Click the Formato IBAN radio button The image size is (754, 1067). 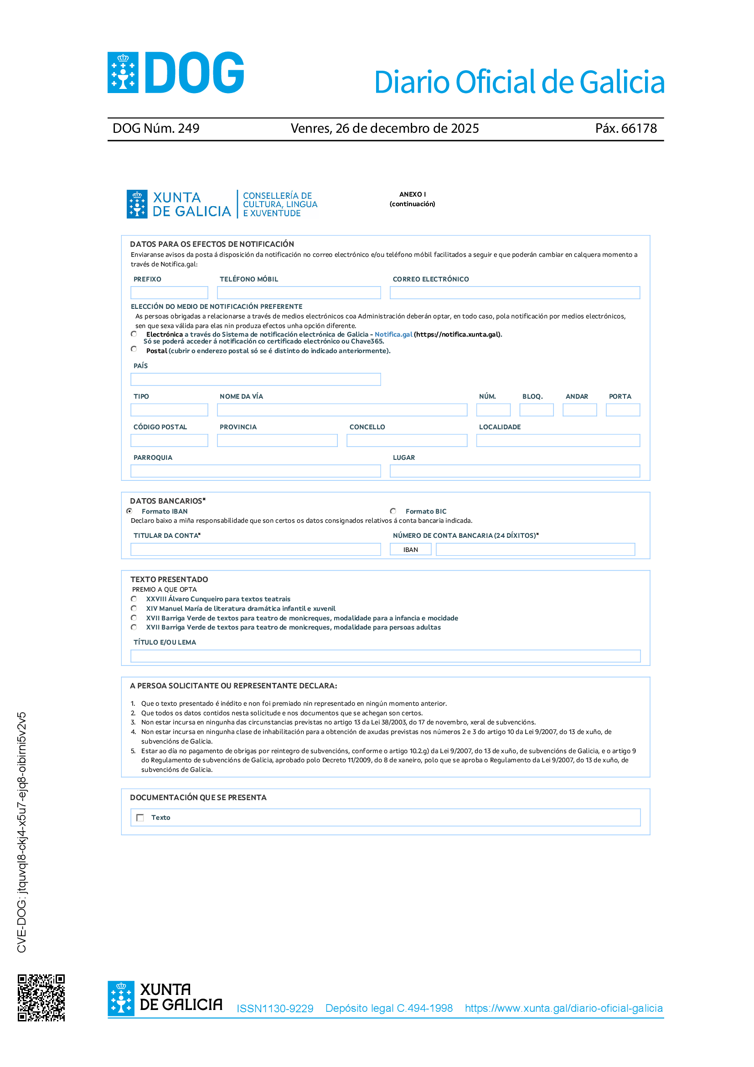[x=129, y=511]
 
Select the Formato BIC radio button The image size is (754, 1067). [x=393, y=511]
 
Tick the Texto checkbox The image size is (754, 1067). [x=140, y=817]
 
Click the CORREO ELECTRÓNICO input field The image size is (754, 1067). [x=514, y=293]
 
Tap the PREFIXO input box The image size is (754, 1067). [x=169, y=293]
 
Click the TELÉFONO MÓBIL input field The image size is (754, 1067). [x=299, y=293]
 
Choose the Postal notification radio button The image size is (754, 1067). [x=134, y=349]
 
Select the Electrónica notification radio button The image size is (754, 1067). [x=134, y=334]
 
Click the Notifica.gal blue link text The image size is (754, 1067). [x=393, y=334]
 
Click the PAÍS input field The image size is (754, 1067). [x=255, y=379]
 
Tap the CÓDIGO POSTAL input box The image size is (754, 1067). [x=169, y=441]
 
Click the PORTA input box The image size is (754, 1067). [x=623, y=410]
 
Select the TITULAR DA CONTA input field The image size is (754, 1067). [x=255, y=549]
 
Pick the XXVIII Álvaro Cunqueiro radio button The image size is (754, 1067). [x=134, y=599]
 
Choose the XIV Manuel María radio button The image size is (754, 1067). [x=134, y=609]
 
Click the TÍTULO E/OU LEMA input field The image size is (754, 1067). [x=385, y=656]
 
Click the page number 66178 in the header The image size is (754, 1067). [x=639, y=128]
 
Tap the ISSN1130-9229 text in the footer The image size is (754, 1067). [x=275, y=1009]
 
